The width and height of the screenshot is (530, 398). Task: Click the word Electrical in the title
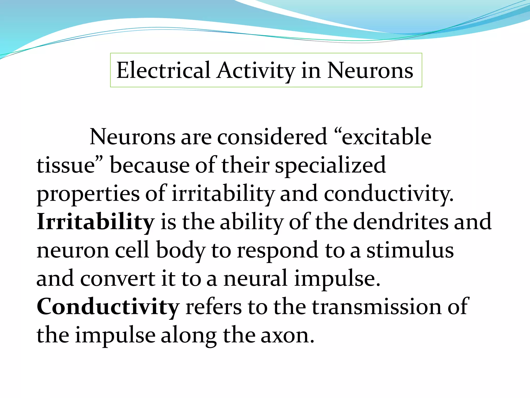[163, 70]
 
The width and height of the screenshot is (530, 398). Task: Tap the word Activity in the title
[256, 70]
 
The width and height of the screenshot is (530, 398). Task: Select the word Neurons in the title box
[370, 70]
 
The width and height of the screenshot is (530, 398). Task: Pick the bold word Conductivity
[108, 307]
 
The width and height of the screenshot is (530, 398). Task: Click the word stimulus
[410, 250]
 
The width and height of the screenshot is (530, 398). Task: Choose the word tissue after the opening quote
[66, 166]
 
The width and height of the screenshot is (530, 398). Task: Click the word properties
[88, 194]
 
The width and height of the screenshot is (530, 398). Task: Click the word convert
[118, 279]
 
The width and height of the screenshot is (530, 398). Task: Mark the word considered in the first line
[272, 137]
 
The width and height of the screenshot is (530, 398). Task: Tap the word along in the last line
[189, 335]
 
